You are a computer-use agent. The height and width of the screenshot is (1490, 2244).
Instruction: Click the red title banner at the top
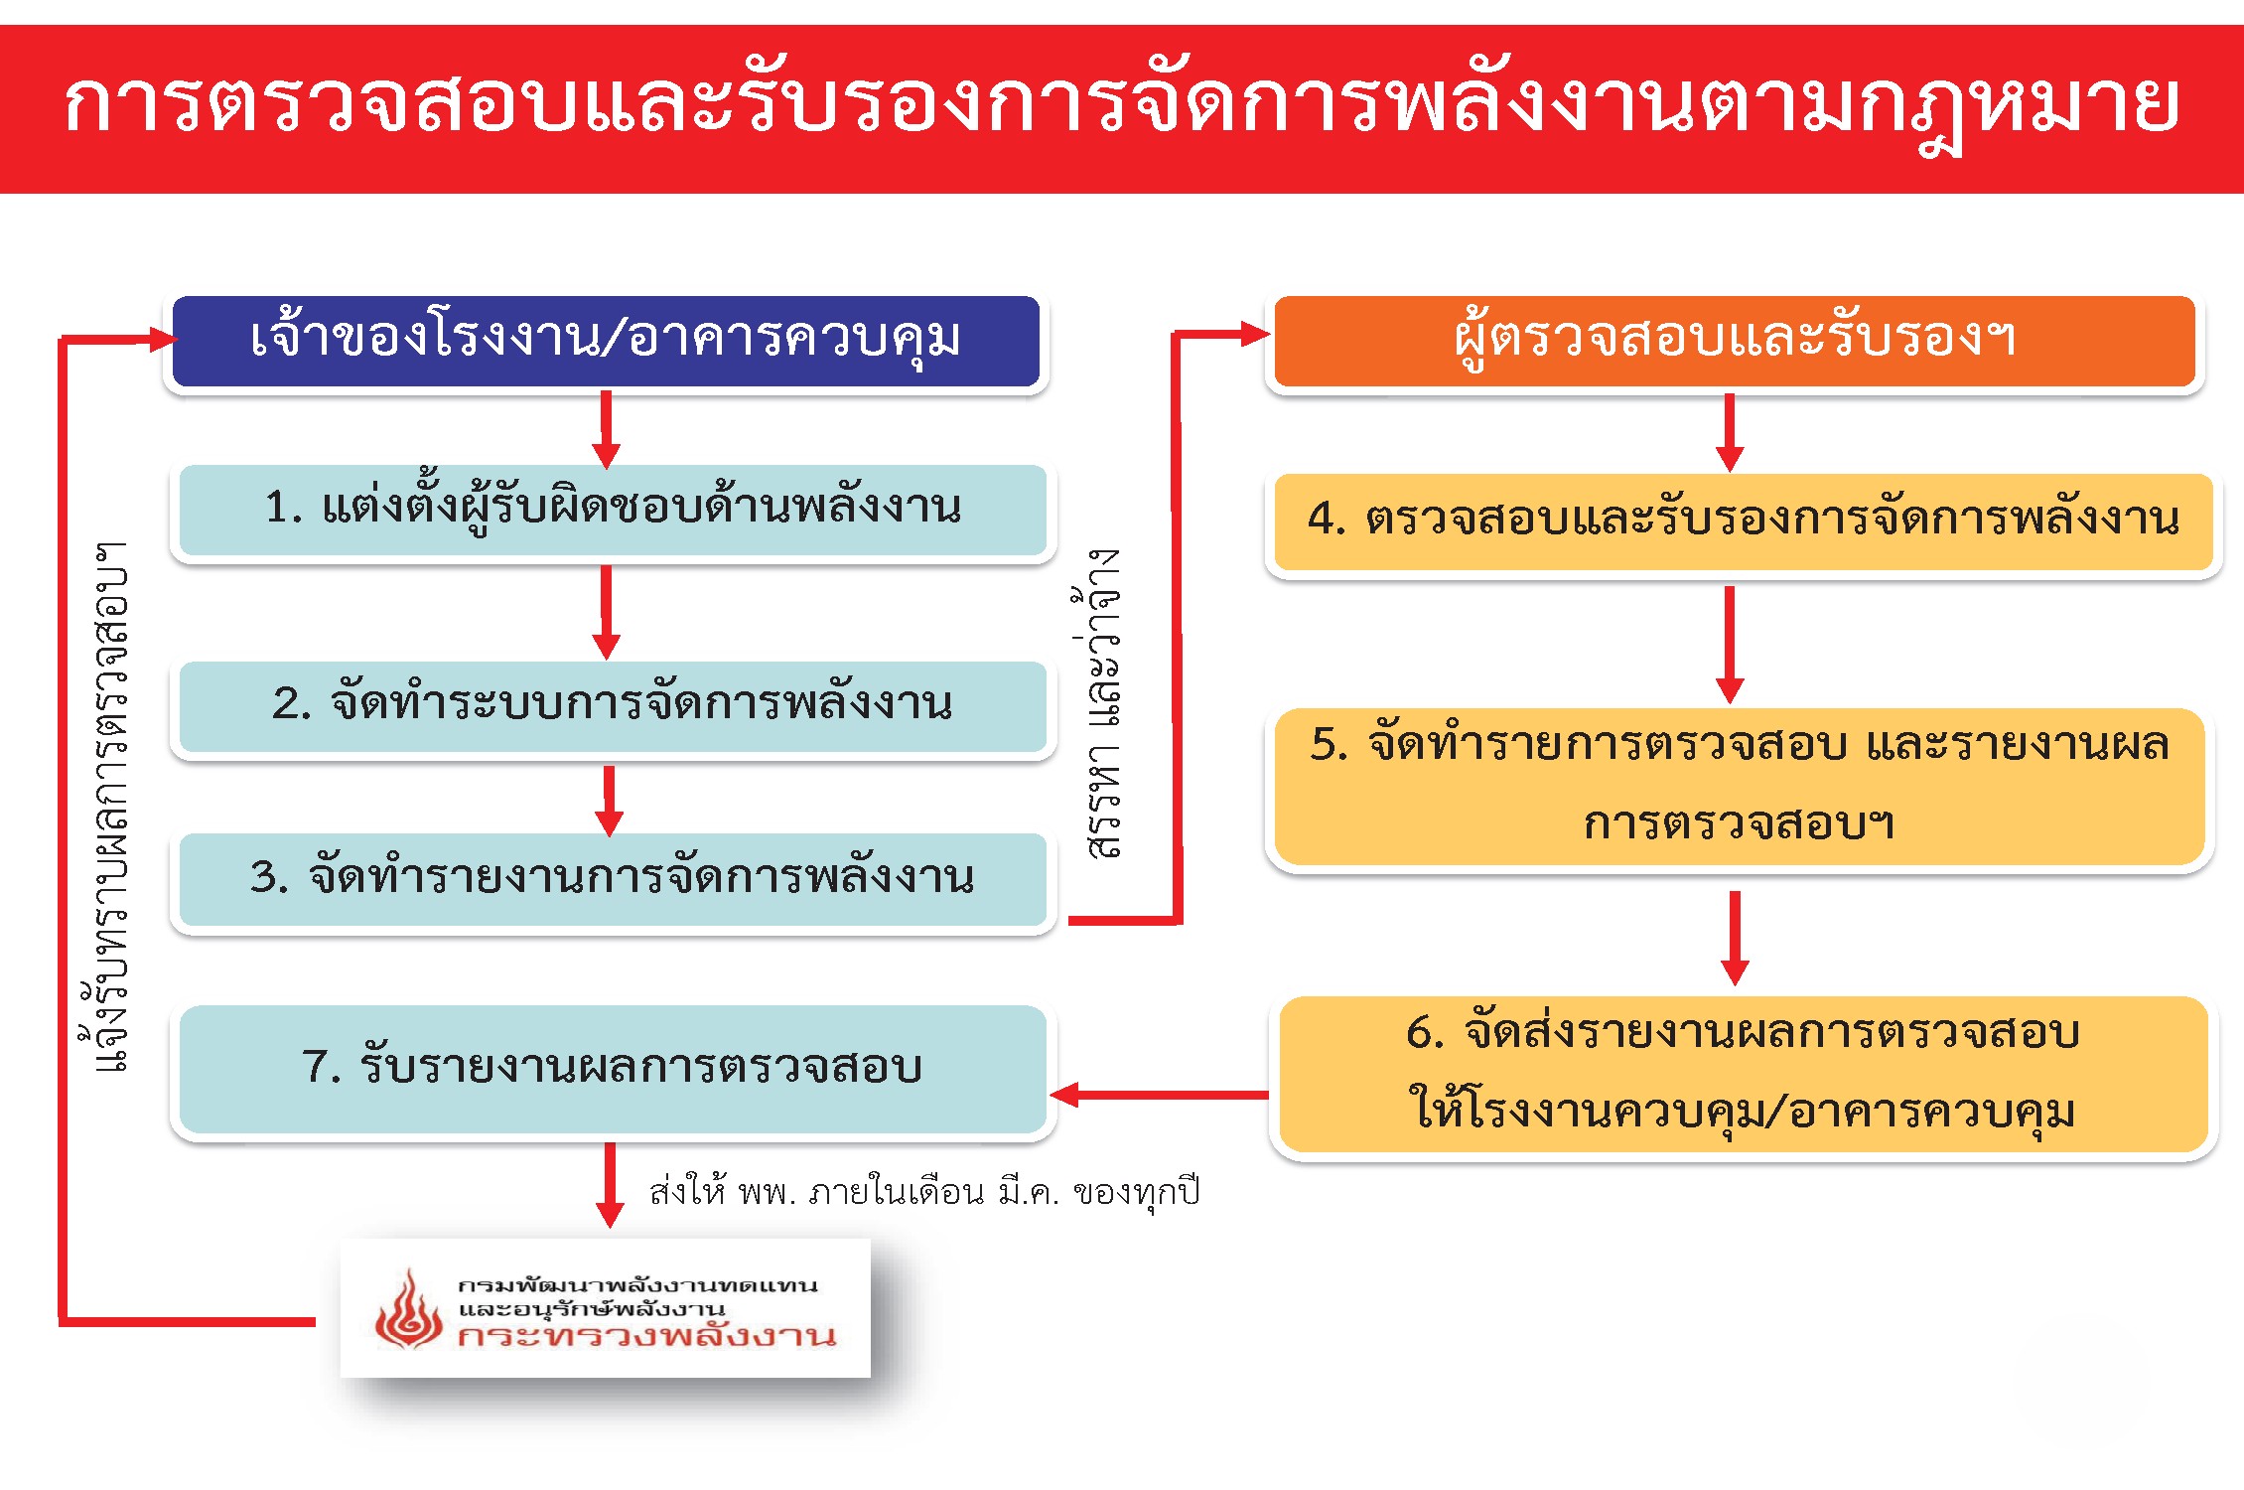click(x=1122, y=107)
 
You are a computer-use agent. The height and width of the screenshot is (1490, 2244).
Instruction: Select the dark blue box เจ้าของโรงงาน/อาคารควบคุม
click(x=606, y=340)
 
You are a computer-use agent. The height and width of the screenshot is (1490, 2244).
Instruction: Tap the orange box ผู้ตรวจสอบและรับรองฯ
click(x=1734, y=340)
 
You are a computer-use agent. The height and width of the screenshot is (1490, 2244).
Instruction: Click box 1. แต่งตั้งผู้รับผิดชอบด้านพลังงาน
click(x=613, y=509)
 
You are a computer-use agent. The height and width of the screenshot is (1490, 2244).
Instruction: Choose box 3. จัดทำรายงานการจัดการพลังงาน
click(x=613, y=878)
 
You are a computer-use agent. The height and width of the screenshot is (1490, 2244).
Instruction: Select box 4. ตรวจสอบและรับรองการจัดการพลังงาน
click(x=1743, y=521)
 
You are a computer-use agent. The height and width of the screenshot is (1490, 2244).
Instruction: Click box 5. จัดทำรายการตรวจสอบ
click(x=1739, y=785)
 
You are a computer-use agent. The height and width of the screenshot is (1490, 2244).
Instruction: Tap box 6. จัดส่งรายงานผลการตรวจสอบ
click(x=1743, y=1073)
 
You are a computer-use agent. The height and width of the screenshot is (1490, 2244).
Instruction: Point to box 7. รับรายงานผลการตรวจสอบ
click(x=613, y=1068)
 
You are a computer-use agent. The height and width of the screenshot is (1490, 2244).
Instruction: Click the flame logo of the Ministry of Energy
click(x=408, y=1311)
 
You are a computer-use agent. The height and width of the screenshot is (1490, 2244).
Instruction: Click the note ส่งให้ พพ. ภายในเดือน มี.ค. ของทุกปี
click(x=924, y=1191)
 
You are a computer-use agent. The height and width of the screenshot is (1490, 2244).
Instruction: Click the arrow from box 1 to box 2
click(x=607, y=612)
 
